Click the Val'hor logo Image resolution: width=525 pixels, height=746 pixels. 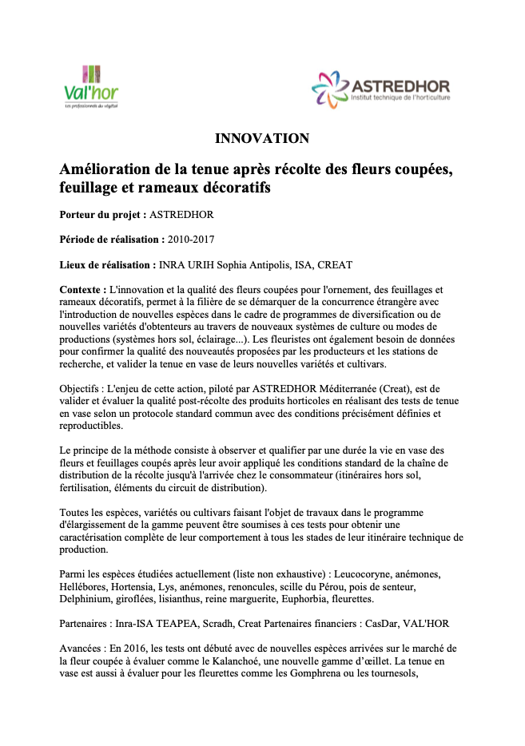(x=90, y=87)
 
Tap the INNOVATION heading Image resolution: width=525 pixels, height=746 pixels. (x=262, y=139)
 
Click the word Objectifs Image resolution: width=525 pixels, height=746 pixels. (x=82, y=389)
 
